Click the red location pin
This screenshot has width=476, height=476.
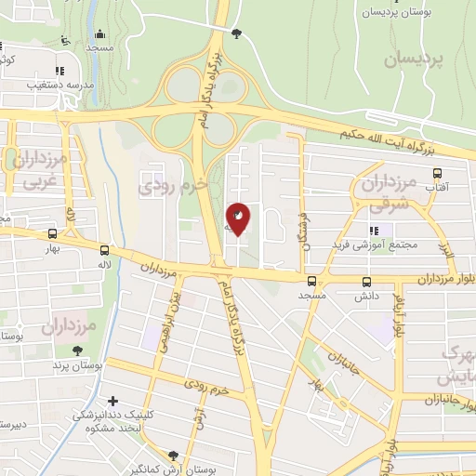[x=239, y=217]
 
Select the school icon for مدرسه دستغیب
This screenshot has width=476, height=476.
[x=59, y=70]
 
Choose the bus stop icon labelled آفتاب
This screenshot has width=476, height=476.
[x=437, y=172]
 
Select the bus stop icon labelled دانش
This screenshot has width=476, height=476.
[x=365, y=282]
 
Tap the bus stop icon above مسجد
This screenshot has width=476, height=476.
[x=311, y=281]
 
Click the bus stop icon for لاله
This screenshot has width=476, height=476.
[x=103, y=250]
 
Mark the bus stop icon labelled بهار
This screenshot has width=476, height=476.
[x=52, y=235]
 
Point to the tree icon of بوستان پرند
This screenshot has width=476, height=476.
[x=77, y=350]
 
